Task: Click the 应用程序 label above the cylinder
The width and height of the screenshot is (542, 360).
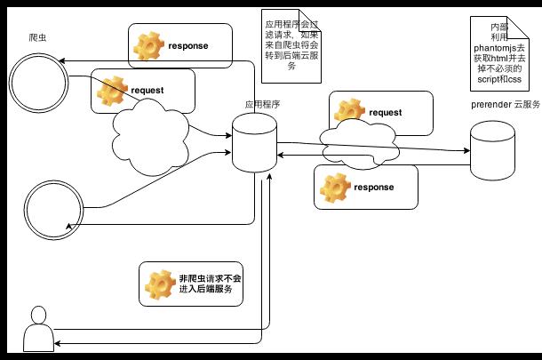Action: click(x=263, y=104)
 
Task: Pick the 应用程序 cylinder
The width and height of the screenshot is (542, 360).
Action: click(x=256, y=142)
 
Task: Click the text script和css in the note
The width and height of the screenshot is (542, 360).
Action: click(x=499, y=78)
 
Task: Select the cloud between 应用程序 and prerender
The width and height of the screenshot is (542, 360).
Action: click(x=360, y=142)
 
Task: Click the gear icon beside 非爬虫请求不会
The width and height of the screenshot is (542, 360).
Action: click(x=161, y=284)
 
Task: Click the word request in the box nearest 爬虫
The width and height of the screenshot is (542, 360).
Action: click(x=147, y=91)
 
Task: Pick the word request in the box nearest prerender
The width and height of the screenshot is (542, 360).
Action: click(x=385, y=113)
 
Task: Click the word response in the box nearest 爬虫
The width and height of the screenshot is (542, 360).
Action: click(x=187, y=44)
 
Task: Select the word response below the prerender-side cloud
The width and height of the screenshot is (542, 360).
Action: click(x=373, y=188)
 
